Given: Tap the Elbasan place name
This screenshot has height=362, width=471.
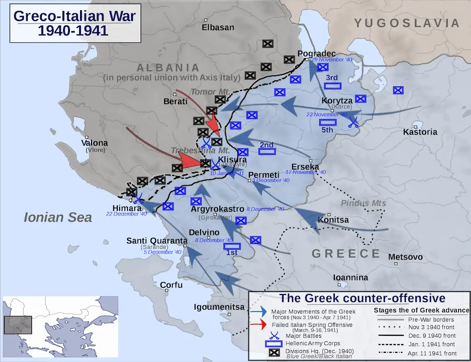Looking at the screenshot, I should pyautogui.click(x=218, y=27).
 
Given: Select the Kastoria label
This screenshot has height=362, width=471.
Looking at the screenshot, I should pyautogui.click(x=420, y=132).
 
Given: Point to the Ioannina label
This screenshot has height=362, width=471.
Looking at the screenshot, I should pyautogui.click(x=351, y=277).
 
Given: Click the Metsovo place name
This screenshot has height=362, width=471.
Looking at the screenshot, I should pyautogui.click(x=405, y=257).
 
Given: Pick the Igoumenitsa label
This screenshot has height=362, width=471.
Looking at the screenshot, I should pyautogui.click(x=219, y=307).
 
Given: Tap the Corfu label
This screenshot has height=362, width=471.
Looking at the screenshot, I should pyautogui.click(x=171, y=285).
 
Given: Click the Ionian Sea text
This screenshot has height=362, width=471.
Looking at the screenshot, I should pyautogui.click(x=58, y=217).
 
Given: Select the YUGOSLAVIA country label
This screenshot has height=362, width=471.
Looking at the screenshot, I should pyautogui.click(x=407, y=23).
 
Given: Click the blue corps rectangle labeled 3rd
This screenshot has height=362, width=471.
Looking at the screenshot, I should pyautogui.click(x=332, y=85).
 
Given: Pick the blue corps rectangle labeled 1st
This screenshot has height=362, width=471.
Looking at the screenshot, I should pyautogui.click(x=232, y=246).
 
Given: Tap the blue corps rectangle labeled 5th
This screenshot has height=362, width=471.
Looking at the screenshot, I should pyautogui.click(x=327, y=122).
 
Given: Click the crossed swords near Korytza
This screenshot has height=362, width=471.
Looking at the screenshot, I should pyautogui.click(x=353, y=121).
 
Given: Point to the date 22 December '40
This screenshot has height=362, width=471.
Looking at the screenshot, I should pyautogui.click(x=126, y=214).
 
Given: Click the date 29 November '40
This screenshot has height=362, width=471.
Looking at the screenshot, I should pyautogui.click(x=332, y=60).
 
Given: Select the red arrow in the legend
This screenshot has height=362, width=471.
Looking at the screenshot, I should pyautogui.click(x=260, y=325).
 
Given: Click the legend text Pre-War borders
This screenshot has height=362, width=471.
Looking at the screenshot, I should pyautogui.click(x=431, y=319).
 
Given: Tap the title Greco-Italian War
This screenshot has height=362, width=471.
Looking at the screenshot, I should pyautogui.click(x=75, y=17).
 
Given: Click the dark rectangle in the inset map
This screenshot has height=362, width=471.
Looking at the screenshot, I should pyautogui.click(x=18, y=325).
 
